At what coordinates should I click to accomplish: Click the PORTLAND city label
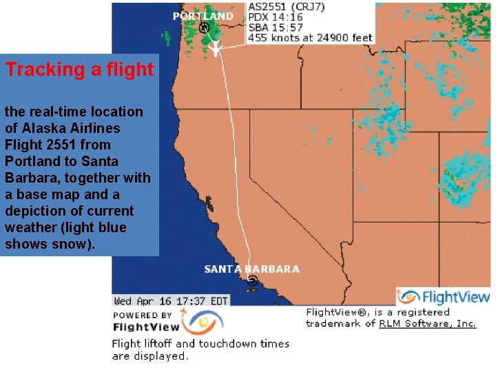[203, 16]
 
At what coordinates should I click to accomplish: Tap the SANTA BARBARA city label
[251, 269]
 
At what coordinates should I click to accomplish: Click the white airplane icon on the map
[215, 48]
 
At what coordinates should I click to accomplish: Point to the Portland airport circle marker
[204, 28]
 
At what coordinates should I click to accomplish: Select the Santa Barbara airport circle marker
[252, 280]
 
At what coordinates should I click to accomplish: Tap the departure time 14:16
[285, 17]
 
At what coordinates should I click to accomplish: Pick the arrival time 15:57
[285, 27]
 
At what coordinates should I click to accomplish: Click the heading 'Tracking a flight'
[80, 70]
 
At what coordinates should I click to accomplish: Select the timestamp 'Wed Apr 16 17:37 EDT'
[171, 300]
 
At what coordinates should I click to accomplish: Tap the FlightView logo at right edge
[444, 297]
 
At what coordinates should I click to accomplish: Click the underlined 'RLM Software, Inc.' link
[427, 323]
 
